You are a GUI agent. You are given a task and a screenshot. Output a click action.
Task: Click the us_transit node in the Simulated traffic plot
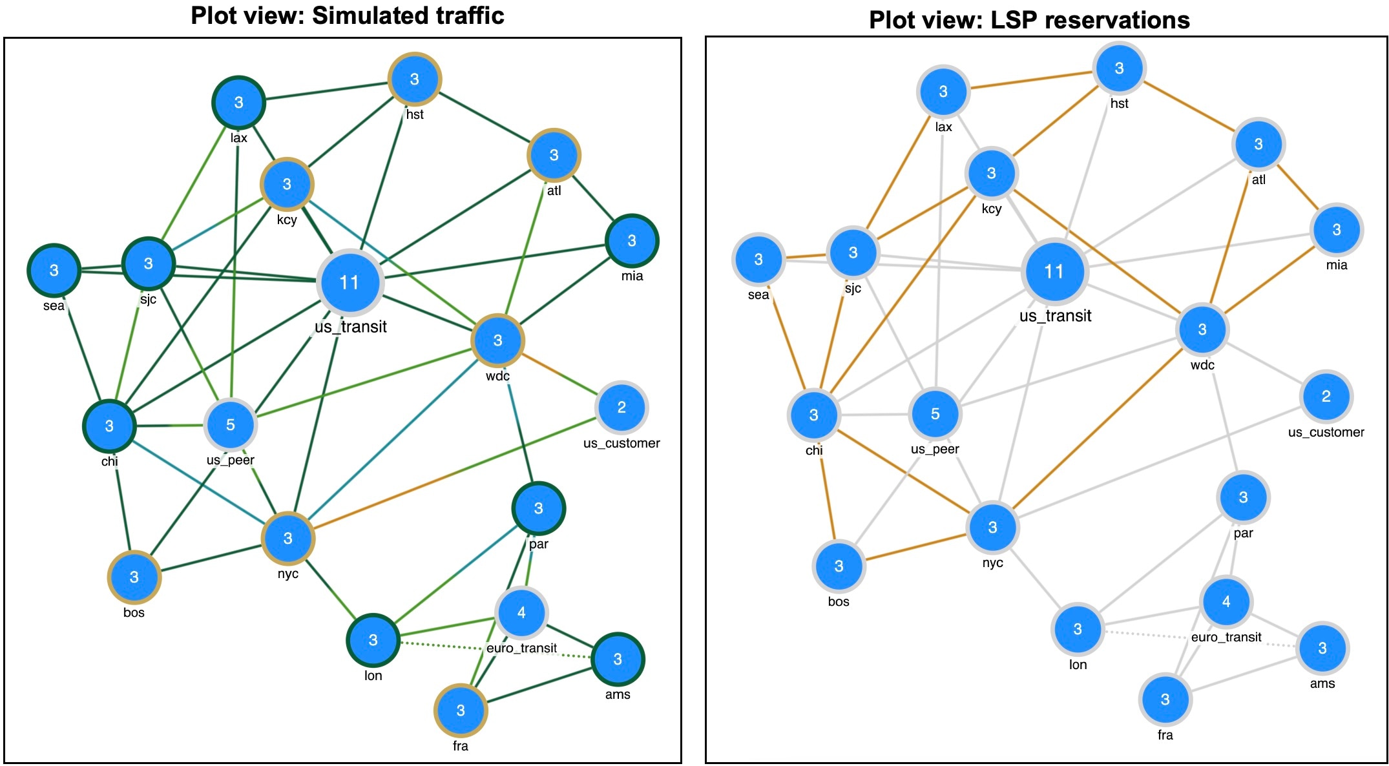[350, 282]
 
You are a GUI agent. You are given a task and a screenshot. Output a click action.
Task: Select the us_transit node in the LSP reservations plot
[1054, 271]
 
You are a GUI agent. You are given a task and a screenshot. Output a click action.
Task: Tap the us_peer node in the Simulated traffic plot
[231, 425]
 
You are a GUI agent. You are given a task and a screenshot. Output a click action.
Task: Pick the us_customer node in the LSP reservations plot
[1326, 397]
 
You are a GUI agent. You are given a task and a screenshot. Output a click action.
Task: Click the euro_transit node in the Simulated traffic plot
[521, 612]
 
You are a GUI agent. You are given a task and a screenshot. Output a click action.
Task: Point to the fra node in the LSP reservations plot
[1165, 699]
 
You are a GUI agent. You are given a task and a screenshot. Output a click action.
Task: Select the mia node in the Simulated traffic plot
[632, 241]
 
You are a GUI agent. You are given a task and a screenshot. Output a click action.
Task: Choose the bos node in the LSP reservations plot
[839, 566]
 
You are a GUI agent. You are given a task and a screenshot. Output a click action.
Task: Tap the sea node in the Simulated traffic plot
[54, 271]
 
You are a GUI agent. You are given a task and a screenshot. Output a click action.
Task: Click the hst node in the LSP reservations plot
[1119, 68]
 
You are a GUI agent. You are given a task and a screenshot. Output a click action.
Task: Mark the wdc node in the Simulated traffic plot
[497, 341]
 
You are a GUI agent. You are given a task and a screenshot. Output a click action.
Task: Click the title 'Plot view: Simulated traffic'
[348, 16]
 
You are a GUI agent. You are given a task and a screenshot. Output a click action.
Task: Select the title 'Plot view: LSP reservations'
[1029, 20]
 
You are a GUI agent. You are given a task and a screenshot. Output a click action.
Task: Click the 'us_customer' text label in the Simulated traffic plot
[621, 443]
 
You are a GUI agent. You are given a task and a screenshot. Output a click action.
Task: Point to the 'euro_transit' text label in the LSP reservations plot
[1226, 637]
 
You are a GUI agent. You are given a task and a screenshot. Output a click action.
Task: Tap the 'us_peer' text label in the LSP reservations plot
[935, 449]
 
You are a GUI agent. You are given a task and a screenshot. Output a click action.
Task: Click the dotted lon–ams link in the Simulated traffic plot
[496, 650]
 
